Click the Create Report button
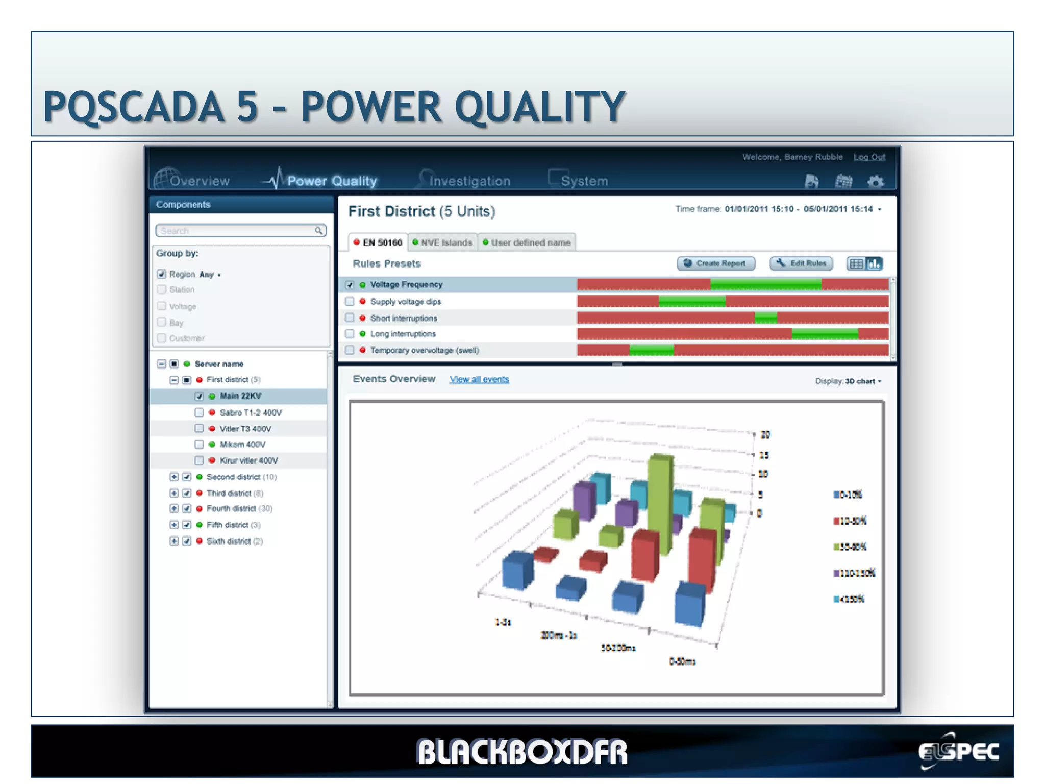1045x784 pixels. point(715,263)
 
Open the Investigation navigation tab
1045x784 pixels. point(469,181)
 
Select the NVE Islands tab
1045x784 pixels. point(442,242)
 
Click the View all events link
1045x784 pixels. point(479,379)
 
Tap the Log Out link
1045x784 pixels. point(869,157)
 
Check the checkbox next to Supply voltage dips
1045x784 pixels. point(350,302)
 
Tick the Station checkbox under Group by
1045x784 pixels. point(162,290)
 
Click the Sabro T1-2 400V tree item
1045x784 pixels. point(251,412)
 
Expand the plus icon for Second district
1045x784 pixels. point(174,477)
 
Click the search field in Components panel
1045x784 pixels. point(237,231)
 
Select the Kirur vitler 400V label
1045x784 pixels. point(248,460)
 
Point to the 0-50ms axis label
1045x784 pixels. point(682,661)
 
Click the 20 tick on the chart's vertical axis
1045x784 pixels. point(765,435)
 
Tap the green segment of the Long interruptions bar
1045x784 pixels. point(824,334)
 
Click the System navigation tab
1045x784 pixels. point(584,181)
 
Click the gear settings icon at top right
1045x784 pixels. point(876,181)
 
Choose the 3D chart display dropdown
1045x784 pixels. point(862,381)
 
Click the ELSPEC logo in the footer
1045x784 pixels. point(958,751)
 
